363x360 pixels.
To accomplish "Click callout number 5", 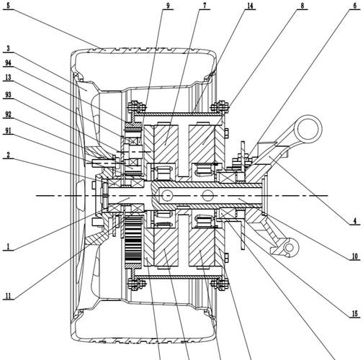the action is tap(8, 6).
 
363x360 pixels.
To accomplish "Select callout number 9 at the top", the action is tap(168, 6).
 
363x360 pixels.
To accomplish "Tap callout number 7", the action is tap(205, 6).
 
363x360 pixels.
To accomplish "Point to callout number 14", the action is tap(250, 6).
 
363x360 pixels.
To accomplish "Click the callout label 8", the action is tap(302, 6).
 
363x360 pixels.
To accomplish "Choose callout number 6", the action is tap(355, 6).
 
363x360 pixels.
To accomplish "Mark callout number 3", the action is tap(8, 48).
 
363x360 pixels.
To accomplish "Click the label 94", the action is tap(8, 63).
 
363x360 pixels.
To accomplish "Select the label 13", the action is tap(8, 78).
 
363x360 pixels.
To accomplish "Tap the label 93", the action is tap(8, 95).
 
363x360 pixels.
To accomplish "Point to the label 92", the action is tap(8, 114).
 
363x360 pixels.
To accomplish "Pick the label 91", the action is tap(8, 131).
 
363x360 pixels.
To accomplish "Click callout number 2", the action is tap(8, 155).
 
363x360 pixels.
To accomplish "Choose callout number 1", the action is tap(8, 247).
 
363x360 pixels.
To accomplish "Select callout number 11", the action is tap(8, 296).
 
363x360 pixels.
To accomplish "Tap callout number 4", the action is tap(355, 221).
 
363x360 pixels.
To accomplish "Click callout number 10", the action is tap(355, 256).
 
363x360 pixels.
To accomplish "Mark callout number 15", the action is tap(355, 314).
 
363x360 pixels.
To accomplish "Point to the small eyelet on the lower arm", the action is tap(290, 248).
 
